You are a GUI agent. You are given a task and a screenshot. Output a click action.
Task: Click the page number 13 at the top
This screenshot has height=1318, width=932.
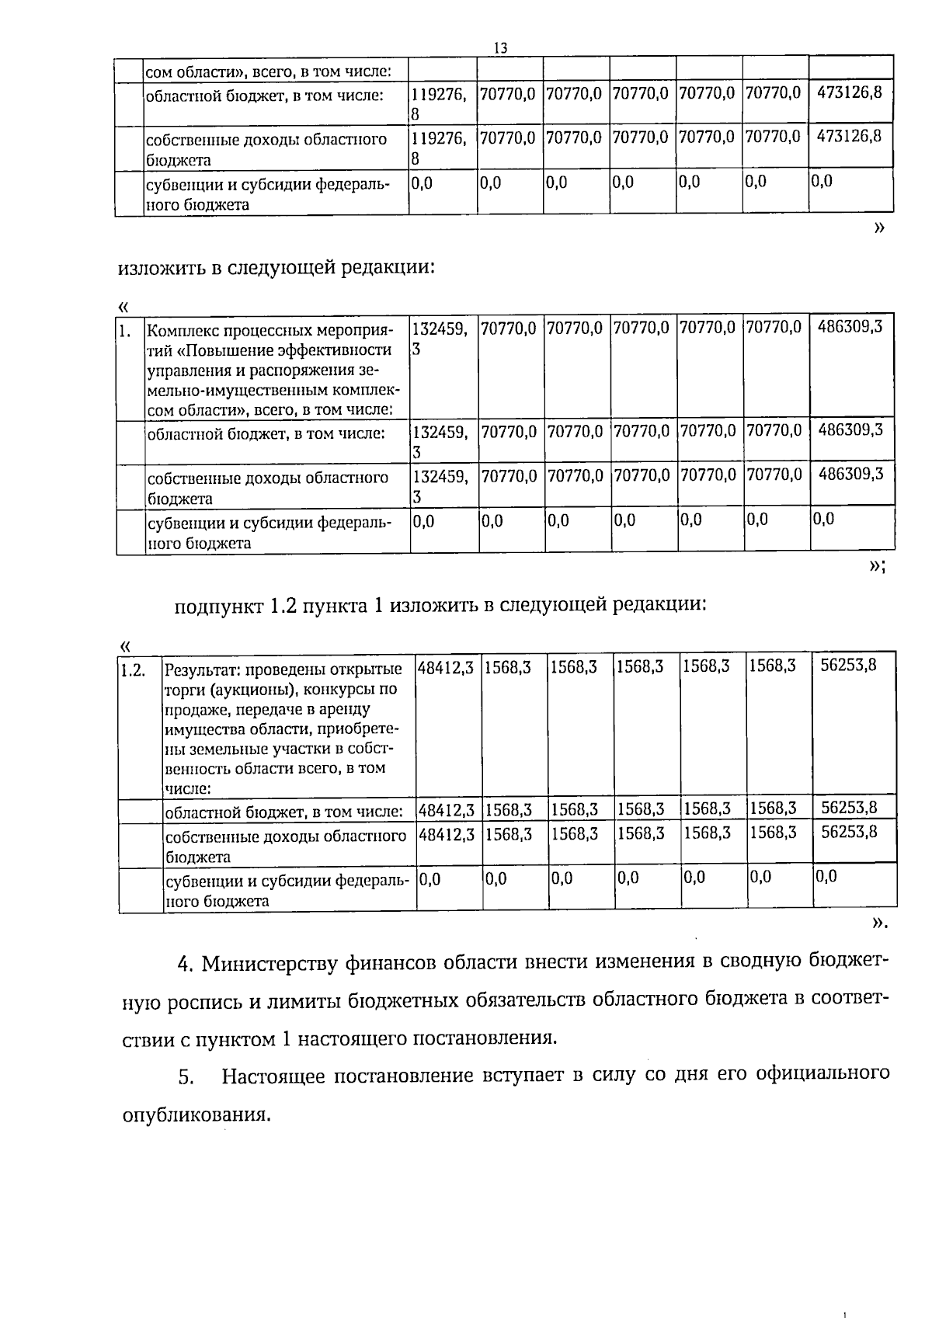[501, 48]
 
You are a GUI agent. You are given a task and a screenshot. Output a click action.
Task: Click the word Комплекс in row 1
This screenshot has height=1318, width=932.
[179, 329]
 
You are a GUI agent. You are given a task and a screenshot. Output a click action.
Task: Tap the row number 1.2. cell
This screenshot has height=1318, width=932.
[133, 669]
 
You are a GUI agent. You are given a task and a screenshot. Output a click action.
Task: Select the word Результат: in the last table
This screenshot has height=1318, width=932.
[199, 669]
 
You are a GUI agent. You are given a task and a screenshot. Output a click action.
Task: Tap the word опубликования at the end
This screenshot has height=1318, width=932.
[196, 1115]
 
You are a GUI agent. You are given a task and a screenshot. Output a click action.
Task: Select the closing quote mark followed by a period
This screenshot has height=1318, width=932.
[879, 923]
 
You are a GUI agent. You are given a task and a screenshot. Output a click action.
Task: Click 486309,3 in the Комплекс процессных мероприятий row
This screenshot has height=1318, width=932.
[850, 326]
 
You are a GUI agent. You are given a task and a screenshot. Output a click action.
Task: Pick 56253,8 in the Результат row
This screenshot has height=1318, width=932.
[849, 665]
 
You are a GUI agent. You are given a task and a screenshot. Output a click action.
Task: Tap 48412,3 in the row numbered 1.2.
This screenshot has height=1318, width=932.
[447, 666]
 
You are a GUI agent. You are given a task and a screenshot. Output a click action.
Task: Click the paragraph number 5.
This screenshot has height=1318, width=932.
[185, 1077]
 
